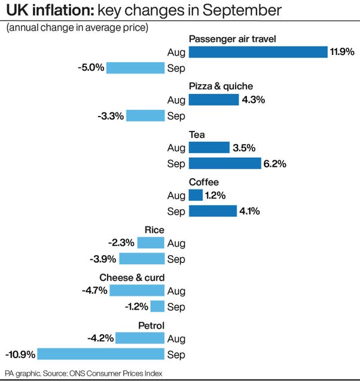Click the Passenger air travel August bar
click(x=258, y=52)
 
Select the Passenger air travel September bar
click(x=135, y=68)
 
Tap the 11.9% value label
click(x=342, y=52)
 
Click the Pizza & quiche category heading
click(x=221, y=87)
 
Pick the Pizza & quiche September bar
click(x=145, y=115)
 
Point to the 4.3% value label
click(x=254, y=100)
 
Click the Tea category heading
click(x=197, y=135)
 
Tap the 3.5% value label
click(x=244, y=148)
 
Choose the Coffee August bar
click(x=196, y=195)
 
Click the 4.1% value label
click(x=251, y=211)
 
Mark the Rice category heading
click(x=154, y=230)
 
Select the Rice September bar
click(x=142, y=259)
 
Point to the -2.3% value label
click(x=121, y=243)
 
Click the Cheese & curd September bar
click(x=157, y=307)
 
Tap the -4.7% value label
click(x=94, y=291)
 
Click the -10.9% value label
click(x=20, y=355)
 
